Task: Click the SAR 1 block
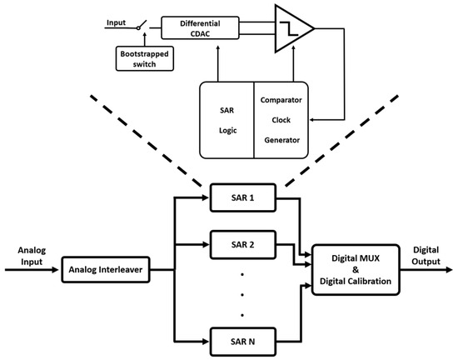pos(243,197)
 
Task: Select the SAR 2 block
pos(243,245)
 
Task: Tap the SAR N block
pos(243,342)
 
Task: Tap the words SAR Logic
pos(227,119)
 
